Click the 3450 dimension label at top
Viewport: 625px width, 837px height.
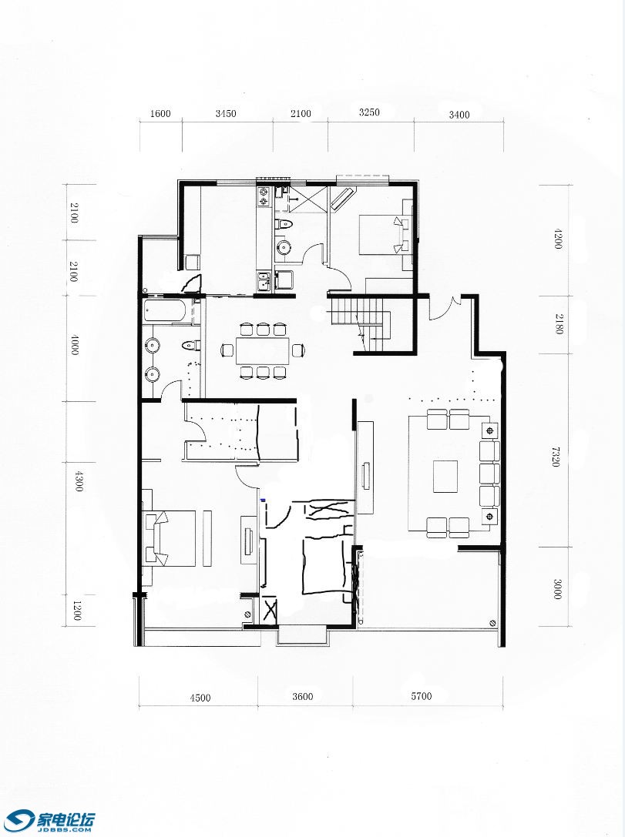[226, 114]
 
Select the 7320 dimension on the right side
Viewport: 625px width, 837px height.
[556, 457]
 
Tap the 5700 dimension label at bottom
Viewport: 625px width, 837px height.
[422, 696]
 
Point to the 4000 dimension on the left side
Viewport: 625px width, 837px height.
[75, 346]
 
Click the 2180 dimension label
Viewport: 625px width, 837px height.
[559, 323]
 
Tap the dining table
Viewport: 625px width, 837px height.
[263, 350]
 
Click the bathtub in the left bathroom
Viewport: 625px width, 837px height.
[166, 310]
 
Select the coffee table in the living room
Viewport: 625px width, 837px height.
[445, 477]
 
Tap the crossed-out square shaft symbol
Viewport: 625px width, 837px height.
[270, 611]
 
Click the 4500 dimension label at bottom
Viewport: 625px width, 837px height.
[200, 697]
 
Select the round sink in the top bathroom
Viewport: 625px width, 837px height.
[284, 248]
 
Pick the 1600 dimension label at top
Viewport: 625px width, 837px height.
[160, 114]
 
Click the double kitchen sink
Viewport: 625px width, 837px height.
[264, 281]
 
